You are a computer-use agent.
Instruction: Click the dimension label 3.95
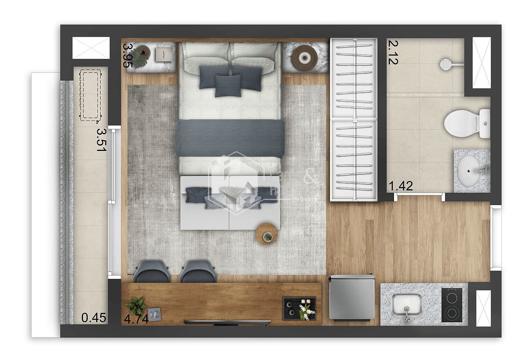pyautogui.click(x=128, y=55)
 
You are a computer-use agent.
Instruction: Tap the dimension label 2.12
pyautogui.click(x=393, y=52)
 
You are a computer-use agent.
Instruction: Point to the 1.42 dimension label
pyautogui.click(x=401, y=186)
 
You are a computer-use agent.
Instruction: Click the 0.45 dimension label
pyautogui.click(x=94, y=318)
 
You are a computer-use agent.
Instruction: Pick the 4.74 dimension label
pyautogui.click(x=136, y=319)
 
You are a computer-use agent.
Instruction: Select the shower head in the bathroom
pyautogui.click(x=446, y=64)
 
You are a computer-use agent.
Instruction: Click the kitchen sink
pyautogui.click(x=406, y=305)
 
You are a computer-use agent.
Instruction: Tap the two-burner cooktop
pyautogui.click(x=451, y=305)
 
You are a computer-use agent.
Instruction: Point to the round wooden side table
pyautogui.click(x=267, y=234)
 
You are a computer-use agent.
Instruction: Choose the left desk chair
pyautogui.click(x=152, y=271)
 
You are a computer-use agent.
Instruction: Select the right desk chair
pyautogui.click(x=198, y=271)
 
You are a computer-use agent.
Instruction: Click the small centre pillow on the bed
pyautogui.click(x=228, y=85)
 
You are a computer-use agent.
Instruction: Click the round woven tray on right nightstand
pyautogui.click(x=304, y=57)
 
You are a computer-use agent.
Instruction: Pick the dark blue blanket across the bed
pyautogui.click(x=230, y=138)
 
